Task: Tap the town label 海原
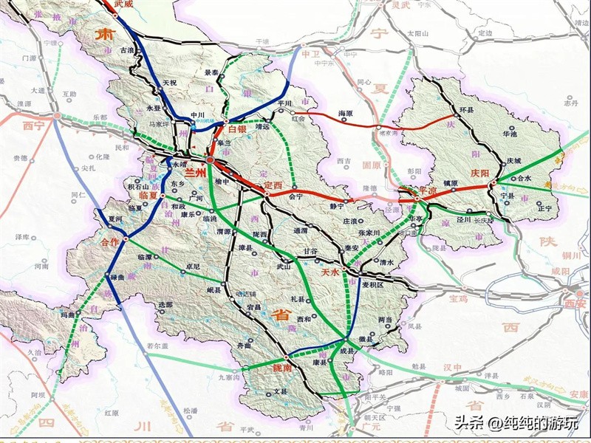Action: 346,114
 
